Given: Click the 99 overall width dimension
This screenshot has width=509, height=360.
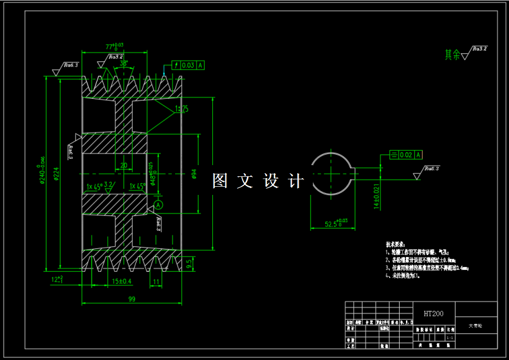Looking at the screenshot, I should (132, 299).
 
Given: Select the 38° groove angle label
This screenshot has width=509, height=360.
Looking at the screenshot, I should (124, 63).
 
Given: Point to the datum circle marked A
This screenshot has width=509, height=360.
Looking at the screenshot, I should (158, 204).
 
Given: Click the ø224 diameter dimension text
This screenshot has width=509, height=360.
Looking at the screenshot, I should (56, 177).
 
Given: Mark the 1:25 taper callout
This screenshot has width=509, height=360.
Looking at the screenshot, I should (182, 109).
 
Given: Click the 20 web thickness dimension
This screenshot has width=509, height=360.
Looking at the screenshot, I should (124, 165).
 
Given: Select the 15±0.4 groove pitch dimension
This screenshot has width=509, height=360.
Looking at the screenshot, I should (122, 281).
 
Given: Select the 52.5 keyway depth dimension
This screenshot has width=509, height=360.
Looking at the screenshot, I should (336, 223).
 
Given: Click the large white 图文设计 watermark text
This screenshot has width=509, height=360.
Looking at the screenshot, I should (258, 181).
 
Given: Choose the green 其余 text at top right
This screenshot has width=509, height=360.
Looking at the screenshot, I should (453, 55).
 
